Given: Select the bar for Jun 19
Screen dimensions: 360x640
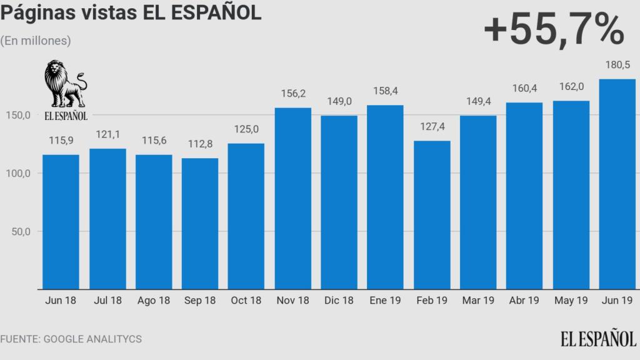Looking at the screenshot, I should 617,184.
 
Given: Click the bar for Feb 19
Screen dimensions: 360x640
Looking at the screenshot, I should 432,215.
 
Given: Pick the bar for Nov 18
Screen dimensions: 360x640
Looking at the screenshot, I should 292,199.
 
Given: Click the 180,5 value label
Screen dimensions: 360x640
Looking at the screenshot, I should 617,64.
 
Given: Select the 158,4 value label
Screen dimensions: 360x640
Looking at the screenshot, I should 385,92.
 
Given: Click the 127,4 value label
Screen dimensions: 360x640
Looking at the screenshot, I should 432,128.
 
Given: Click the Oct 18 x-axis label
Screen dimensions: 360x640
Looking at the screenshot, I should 246,301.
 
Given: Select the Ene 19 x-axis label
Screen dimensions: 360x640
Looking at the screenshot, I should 385,301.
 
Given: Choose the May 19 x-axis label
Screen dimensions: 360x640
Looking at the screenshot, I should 571,301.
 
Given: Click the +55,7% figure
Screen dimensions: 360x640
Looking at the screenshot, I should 554,29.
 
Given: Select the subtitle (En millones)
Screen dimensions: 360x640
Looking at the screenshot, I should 36,41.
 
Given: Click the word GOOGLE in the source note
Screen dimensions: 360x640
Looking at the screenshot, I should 67,339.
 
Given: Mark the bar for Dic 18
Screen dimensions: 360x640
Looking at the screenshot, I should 339,202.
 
